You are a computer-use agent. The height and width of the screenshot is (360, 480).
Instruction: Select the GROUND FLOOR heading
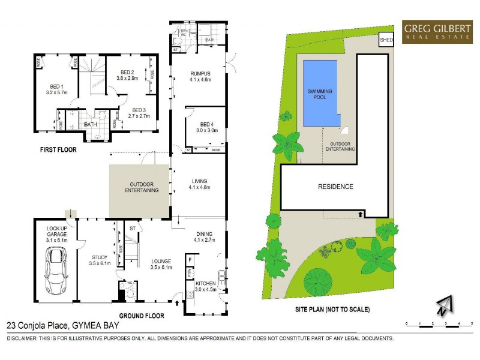[142, 315]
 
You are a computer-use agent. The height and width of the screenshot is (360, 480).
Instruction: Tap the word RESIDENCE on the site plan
[335, 187]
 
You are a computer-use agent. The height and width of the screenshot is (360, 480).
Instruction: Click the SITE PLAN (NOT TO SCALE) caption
[332, 310]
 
